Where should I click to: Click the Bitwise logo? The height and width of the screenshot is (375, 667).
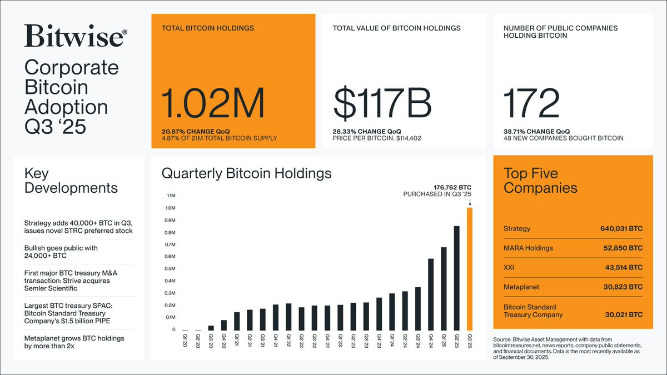point(76,36)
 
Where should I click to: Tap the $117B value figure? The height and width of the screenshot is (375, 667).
point(383,104)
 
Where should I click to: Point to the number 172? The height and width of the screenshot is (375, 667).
point(531,104)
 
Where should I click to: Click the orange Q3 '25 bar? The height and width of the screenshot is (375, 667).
point(470,269)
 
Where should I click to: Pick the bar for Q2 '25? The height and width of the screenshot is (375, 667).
point(457,278)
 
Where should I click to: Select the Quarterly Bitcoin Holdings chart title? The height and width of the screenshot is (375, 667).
point(246,173)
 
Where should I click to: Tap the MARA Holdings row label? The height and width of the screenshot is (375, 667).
point(528,248)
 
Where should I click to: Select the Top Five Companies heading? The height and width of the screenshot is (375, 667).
point(540,180)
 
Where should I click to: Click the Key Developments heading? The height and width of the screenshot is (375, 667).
point(71,180)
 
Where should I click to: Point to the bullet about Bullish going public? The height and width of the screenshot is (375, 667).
point(61,252)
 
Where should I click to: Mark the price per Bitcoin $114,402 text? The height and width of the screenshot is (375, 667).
point(377,138)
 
